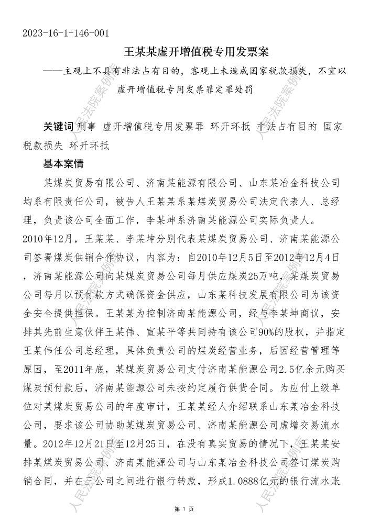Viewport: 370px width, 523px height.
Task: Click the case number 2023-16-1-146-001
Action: tap(66, 34)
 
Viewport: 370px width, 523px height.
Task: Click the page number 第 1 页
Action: tap(184, 509)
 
